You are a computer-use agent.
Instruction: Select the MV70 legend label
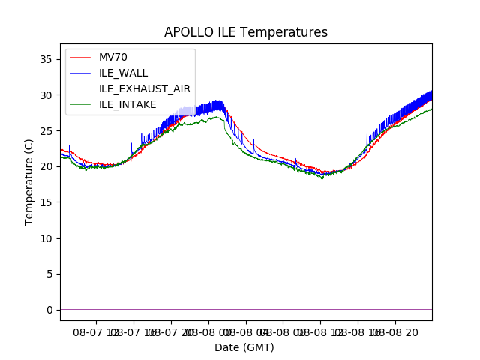coord(113,57)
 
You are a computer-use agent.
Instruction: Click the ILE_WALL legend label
coord(123,73)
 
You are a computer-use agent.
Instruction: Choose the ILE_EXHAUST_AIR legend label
coord(145,88)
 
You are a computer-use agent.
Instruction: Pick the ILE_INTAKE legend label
coord(127,104)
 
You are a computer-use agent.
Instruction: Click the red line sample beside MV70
coord(79,57)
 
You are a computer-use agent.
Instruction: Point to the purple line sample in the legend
coord(79,88)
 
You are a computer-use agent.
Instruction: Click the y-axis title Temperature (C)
coord(29,181)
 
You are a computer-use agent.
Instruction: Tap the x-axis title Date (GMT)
coord(244,347)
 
